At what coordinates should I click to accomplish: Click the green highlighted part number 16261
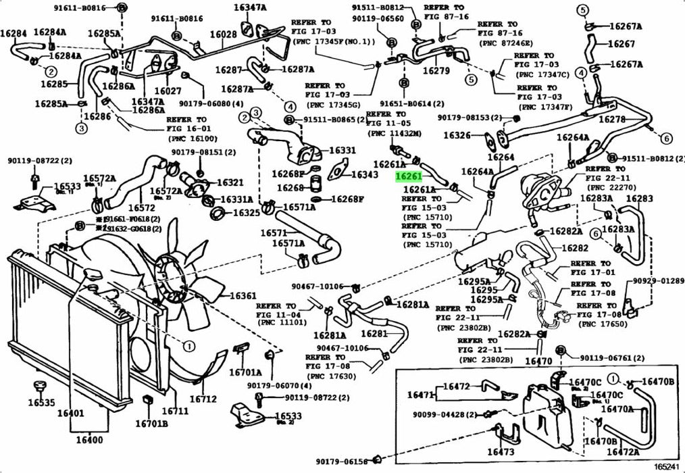point(409,176)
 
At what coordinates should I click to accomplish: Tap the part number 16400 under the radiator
point(91,441)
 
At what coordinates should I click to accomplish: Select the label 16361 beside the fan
point(243,295)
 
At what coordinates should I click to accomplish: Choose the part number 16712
point(203,399)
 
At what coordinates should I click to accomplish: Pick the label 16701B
point(151,424)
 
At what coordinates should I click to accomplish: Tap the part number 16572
point(143,207)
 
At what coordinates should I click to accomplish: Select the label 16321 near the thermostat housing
point(230,182)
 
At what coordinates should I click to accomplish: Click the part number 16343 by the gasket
point(365,175)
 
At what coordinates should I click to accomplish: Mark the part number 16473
point(501,451)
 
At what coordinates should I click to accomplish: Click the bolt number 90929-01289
point(658,280)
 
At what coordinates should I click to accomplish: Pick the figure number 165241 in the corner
point(667,466)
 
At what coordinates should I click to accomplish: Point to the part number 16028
point(223,34)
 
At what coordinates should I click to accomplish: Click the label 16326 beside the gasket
point(457,136)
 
